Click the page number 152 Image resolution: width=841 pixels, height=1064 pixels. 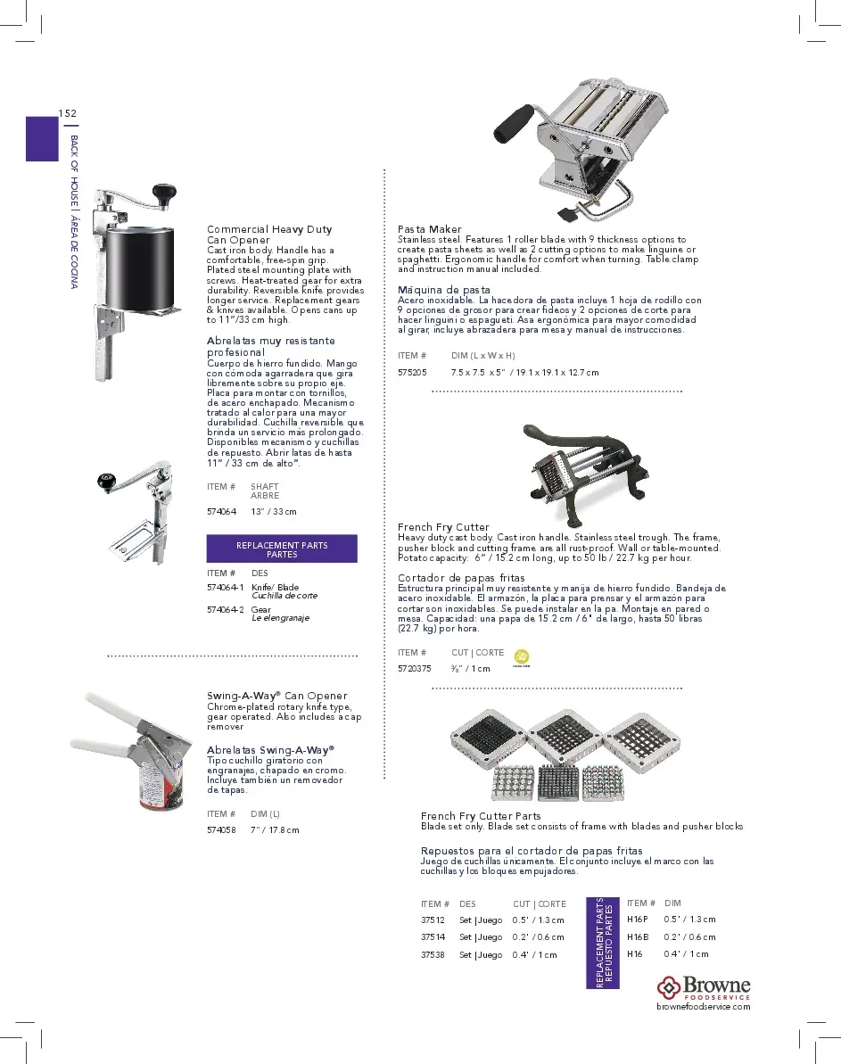click(67, 113)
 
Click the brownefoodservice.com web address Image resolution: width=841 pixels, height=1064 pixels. click(703, 1007)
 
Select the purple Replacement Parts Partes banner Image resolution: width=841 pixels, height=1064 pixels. click(282, 548)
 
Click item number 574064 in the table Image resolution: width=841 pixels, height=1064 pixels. click(221, 511)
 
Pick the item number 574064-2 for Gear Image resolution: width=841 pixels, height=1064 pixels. click(225, 609)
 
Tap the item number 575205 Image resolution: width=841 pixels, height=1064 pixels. click(412, 372)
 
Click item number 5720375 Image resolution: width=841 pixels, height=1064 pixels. click(415, 668)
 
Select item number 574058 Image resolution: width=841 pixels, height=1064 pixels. click(221, 829)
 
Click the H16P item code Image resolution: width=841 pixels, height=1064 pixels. click(637, 920)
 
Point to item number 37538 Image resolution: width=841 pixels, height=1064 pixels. click(433, 954)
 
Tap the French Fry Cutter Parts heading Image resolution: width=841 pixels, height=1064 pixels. click(481, 816)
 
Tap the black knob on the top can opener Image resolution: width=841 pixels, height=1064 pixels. click(163, 191)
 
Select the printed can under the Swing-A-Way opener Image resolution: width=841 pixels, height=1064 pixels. click(161, 784)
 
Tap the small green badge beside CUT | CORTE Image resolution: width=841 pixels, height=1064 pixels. click(522, 656)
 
